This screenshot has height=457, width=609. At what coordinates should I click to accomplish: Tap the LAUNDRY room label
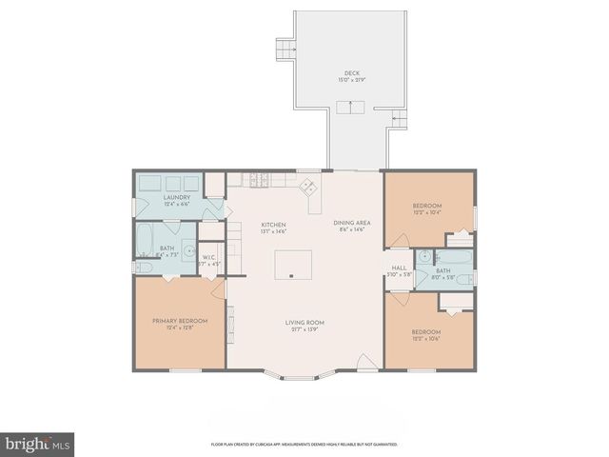pos(177,197)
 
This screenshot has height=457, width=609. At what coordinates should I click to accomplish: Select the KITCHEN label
pos(273,225)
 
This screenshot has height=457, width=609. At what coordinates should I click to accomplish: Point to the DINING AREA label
pos(351,223)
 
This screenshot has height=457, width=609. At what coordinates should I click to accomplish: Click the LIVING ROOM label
pos(304,323)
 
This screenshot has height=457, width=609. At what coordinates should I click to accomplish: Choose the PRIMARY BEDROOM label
pos(180,321)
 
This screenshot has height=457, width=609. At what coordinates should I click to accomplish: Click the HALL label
pos(399,268)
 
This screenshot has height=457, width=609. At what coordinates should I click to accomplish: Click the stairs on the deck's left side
pos(284,49)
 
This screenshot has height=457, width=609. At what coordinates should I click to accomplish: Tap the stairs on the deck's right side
pos(401,120)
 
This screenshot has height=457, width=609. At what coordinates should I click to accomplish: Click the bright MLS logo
pos(36,444)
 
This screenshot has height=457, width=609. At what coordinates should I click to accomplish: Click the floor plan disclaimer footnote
pos(304,444)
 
